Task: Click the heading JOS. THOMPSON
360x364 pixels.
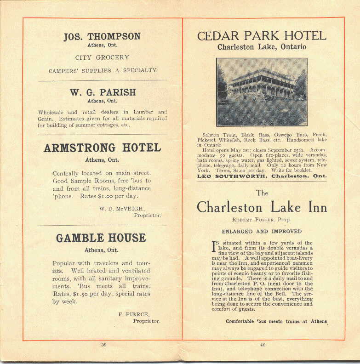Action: (x=102, y=37)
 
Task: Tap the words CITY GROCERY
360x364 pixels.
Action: (x=102, y=58)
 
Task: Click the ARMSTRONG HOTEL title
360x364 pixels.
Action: (x=102, y=148)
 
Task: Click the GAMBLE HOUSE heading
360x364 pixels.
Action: (x=101, y=238)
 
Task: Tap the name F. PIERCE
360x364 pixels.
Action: (x=133, y=314)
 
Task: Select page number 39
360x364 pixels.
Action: (x=104, y=345)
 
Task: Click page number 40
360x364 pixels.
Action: (x=263, y=345)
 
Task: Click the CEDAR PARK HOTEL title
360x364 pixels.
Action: (x=262, y=36)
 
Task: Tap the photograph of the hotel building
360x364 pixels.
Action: (x=262, y=92)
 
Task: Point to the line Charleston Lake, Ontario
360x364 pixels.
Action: (x=262, y=47)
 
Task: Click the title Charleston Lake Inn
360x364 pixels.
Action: (x=262, y=207)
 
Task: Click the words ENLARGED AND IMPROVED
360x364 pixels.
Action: (x=262, y=232)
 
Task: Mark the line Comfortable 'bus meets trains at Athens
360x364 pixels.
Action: (x=276, y=322)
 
